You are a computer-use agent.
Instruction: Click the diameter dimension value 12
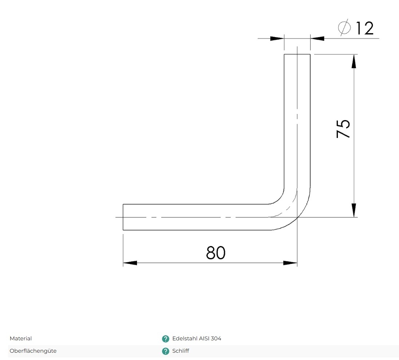point(364,28)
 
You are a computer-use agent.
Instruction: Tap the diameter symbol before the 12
point(344,28)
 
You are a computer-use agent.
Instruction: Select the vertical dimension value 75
point(343,128)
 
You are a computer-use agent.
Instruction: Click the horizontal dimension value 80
point(216,253)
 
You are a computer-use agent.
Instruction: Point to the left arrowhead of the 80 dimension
point(130,263)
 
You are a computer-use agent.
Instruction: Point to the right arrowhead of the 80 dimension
point(290,263)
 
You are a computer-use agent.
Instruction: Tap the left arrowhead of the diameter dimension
point(277,38)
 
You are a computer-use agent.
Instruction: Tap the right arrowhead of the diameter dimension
point(317,38)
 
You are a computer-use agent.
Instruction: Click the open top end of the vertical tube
point(297,54)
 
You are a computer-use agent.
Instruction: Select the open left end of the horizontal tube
point(123,217)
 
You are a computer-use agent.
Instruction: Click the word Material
point(21,339)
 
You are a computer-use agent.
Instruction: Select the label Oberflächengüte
point(33,351)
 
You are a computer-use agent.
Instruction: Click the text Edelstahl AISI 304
point(197,339)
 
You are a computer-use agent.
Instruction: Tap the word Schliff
point(181,351)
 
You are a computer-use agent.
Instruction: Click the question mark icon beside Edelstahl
point(165,339)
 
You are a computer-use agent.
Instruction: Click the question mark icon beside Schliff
point(165,351)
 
